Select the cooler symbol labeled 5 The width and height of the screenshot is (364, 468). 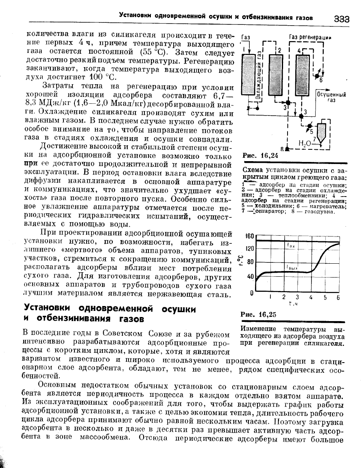[x=308, y=127]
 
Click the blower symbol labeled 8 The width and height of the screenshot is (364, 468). [x=287, y=149]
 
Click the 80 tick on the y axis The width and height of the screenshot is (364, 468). [x=250, y=262]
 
